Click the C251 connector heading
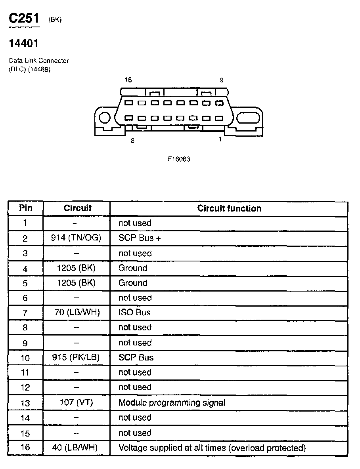point(24,19)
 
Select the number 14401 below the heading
point(23,43)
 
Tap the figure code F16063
point(179,159)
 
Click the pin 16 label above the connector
point(128,80)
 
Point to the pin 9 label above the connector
point(222,80)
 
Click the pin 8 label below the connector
point(132,141)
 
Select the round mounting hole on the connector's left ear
point(105,118)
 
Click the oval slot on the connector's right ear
point(249,118)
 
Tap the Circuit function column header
point(229,208)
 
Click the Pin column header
point(25,208)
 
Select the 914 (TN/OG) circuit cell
point(76,238)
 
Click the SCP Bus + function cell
point(139,238)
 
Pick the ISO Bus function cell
point(134,313)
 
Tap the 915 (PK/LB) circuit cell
point(76,357)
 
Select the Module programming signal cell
point(172,403)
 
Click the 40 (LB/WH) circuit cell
point(75,448)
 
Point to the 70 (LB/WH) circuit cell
point(77,313)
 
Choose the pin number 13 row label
point(25,403)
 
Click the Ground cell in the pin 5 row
point(133,283)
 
